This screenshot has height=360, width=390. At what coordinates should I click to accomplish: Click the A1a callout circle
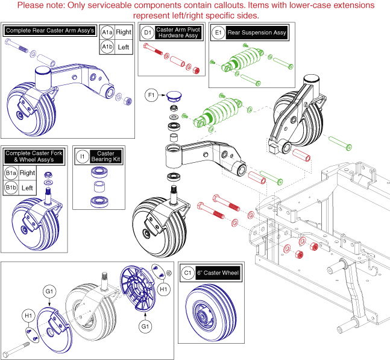pos(107,31)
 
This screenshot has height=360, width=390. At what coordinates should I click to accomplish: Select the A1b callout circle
pos(107,46)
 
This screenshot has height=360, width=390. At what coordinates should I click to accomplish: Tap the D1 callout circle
pos(147,31)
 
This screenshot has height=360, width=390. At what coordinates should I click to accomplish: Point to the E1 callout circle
pos(218,31)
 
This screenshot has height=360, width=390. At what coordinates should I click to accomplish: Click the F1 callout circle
pos(151,95)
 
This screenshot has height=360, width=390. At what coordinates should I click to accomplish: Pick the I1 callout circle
pos(83,157)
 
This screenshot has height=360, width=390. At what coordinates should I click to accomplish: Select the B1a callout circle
pos(10,172)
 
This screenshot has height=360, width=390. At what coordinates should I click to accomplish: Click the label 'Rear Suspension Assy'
pos(256,31)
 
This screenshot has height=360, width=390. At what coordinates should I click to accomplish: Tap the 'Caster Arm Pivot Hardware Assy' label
pos(178,31)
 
